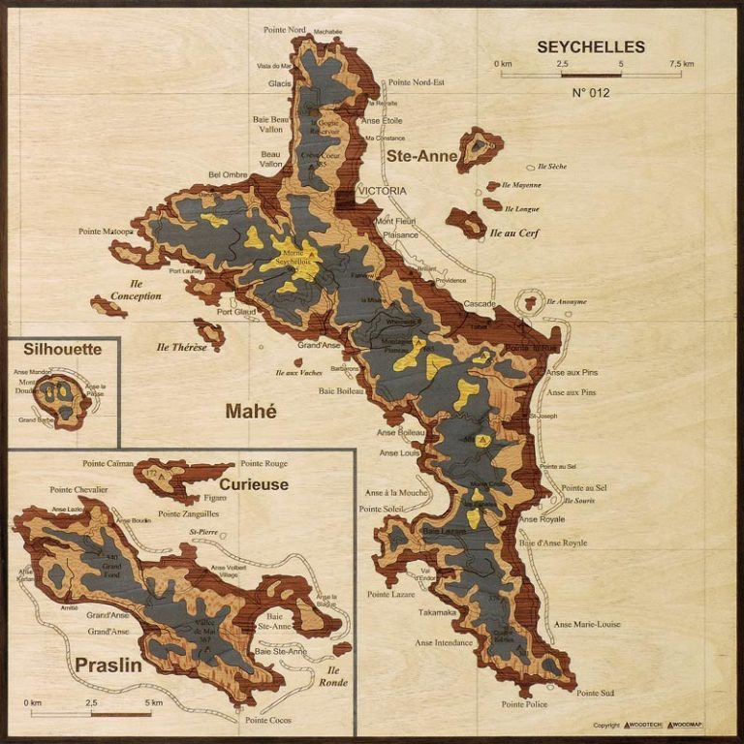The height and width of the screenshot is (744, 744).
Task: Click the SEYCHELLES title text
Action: pyautogui.click(x=591, y=46)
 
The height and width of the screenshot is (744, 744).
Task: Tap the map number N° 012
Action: pyautogui.click(x=590, y=93)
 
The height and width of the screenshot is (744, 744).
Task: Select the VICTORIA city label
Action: pyautogui.click(x=383, y=191)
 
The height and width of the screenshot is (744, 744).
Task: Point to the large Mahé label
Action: pyautogui.click(x=251, y=411)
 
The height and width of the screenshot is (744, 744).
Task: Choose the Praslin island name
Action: pyautogui.click(x=108, y=666)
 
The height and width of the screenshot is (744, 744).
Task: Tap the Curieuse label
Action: pyautogui.click(x=254, y=483)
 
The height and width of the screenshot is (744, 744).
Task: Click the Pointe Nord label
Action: pyautogui.click(x=286, y=30)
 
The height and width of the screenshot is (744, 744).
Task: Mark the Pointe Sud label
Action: pyautogui.click(x=595, y=693)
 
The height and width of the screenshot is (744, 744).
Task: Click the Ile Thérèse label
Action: pyautogui.click(x=182, y=347)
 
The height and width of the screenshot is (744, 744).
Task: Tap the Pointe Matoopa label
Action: pyautogui.click(x=107, y=232)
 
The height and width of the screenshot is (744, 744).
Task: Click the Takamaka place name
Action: pyautogui.click(x=438, y=612)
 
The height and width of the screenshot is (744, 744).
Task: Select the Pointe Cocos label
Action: pyautogui.click(x=269, y=720)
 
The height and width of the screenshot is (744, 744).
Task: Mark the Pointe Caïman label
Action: pyautogui.click(x=108, y=464)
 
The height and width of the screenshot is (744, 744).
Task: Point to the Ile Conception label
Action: pyautogui.click(x=136, y=290)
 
